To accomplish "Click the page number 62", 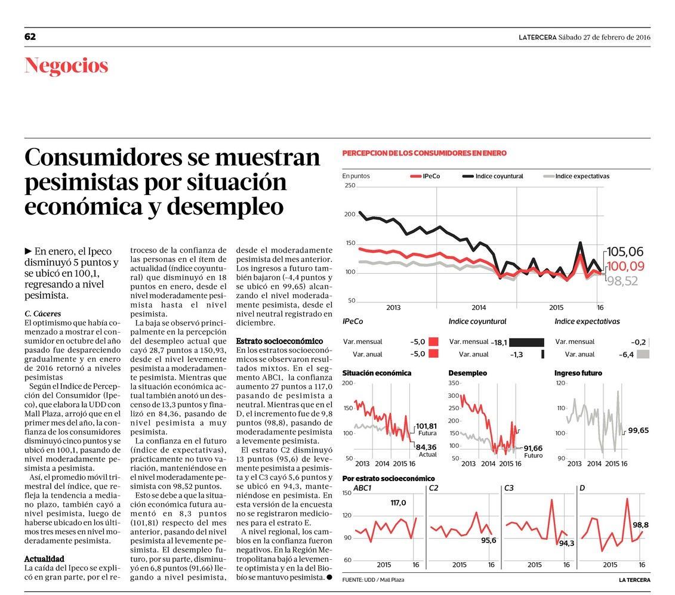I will pyautogui.click(x=30, y=37).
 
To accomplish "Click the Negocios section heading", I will pyautogui.click(x=66, y=66).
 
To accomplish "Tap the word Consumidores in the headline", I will pyautogui.click(x=103, y=158).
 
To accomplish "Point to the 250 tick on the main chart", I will pyautogui.click(x=350, y=186).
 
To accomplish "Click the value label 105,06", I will pyautogui.click(x=625, y=252).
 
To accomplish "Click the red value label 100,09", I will pyautogui.click(x=625, y=266).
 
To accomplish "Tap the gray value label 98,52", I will pyautogui.click(x=622, y=281).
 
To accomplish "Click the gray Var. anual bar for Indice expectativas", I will pyautogui.click(x=643, y=354).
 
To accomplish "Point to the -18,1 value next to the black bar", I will pyautogui.click(x=499, y=342).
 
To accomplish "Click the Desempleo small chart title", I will pyautogui.click(x=468, y=373).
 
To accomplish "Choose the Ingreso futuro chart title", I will pyautogui.click(x=578, y=373).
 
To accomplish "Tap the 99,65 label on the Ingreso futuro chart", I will pyautogui.click(x=638, y=430).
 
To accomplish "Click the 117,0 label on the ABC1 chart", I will pyautogui.click(x=398, y=503).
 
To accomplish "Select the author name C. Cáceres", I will pyautogui.click(x=43, y=314).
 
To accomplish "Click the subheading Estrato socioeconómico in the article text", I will pyautogui.click(x=279, y=341).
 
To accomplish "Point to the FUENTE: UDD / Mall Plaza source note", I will pyautogui.click(x=379, y=580).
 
